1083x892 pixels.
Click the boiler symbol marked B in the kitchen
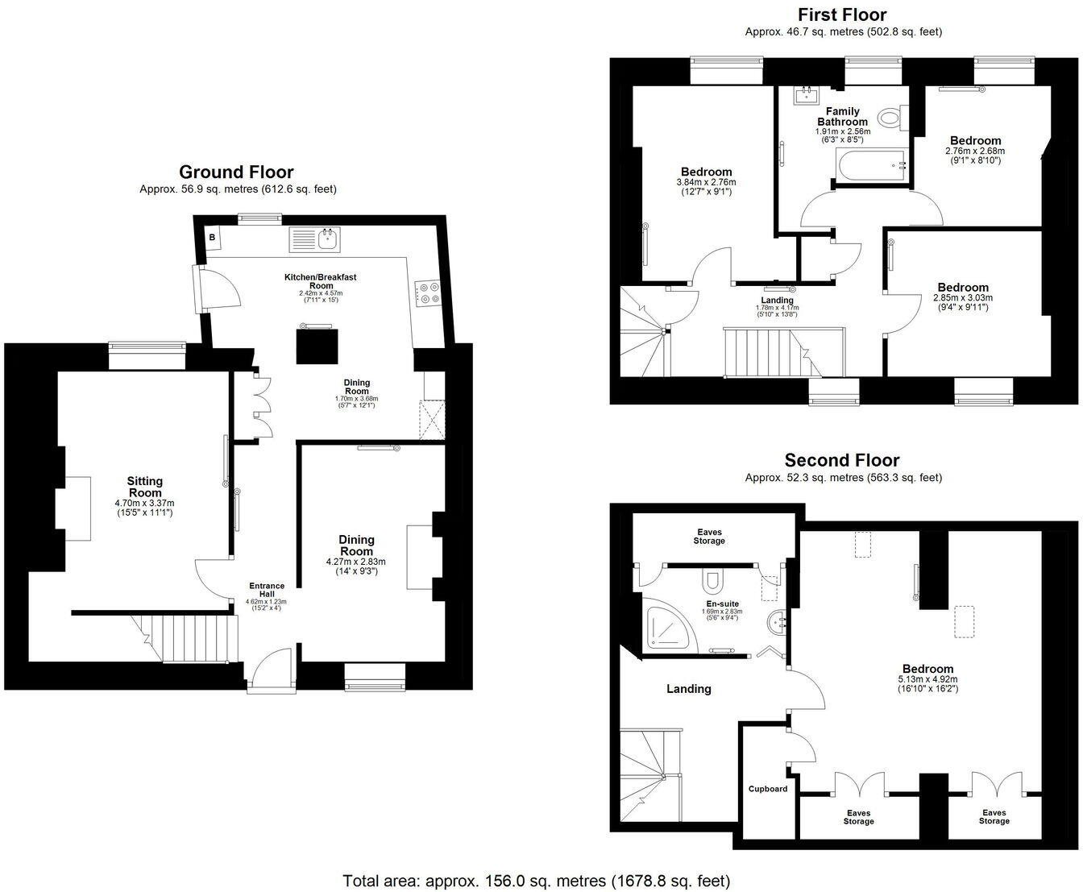[213, 238]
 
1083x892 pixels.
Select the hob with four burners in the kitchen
[428, 292]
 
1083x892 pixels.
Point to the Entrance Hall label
[266, 591]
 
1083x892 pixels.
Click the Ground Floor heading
[236, 172]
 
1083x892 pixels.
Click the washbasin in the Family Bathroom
[805, 96]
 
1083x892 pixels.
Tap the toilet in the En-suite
[712, 579]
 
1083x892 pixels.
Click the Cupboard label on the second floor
[768, 789]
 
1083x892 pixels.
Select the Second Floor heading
[842, 460]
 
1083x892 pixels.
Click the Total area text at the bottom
[536, 880]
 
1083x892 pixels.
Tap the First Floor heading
[842, 15]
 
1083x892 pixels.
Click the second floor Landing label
[689, 689]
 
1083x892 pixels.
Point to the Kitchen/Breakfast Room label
[320, 281]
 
